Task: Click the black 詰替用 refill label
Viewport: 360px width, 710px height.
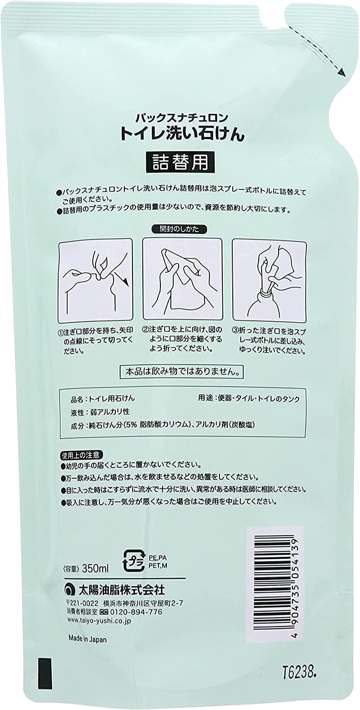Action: point(180,162)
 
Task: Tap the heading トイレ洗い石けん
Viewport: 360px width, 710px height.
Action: point(182,134)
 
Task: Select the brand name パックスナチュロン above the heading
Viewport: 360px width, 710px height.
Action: point(182,118)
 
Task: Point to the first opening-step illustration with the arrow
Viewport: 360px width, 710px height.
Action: point(95,280)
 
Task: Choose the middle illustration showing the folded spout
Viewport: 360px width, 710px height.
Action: point(182,279)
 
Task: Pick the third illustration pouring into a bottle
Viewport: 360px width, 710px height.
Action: point(269,279)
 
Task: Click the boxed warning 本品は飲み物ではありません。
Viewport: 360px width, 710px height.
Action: point(182,371)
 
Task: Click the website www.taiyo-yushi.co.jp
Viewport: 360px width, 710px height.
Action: point(100,621)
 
